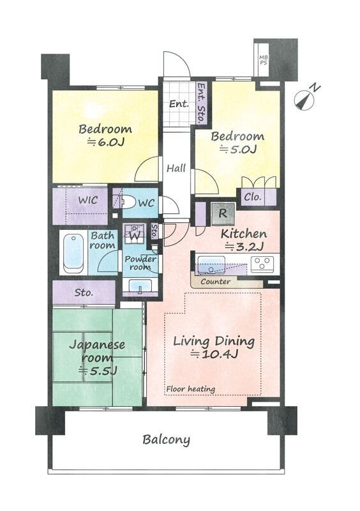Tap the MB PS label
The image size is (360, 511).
263,60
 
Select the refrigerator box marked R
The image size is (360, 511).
223,214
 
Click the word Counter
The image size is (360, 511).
215,282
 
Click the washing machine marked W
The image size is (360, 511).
133,234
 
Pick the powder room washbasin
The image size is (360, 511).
140,286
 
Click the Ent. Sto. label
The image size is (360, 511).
202,102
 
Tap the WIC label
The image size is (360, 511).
87,200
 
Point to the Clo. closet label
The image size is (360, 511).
253,197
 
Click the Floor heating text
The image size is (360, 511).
191,389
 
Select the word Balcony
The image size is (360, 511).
166,440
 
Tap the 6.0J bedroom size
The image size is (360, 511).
106,142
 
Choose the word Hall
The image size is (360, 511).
176,168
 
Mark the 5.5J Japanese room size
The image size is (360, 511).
98,370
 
